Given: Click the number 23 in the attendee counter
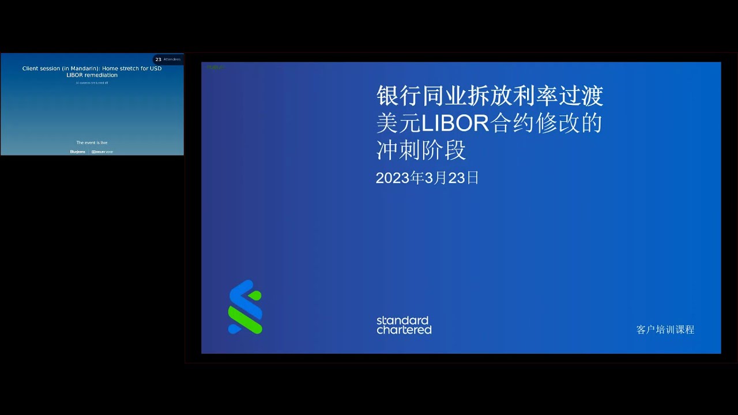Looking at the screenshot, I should pos(158,59).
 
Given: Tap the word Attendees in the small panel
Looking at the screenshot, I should pos(172,59).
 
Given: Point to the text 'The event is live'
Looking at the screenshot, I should pos(92,142).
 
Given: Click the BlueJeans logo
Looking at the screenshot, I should pos(77,152).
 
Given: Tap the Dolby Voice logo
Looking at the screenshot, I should pos(102,152).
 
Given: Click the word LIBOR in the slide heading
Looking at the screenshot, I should pos(455,123).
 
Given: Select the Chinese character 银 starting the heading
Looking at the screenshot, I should pos(387,96).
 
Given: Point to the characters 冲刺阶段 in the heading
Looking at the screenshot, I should pos(421,150).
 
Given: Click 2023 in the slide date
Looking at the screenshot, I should pos(392,178).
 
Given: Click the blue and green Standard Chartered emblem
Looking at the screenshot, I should pos(245,307).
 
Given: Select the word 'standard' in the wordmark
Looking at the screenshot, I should pos(402,320).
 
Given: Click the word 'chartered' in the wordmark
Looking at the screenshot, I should pos(404,330).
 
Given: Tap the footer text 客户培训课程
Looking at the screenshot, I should pos(665,330).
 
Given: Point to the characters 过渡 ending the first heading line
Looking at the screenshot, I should pos(581,96).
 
